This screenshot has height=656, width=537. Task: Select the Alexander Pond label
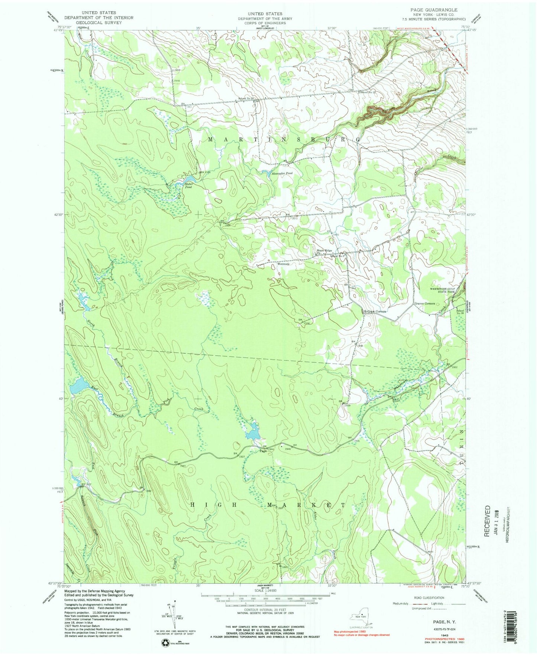[282, 173]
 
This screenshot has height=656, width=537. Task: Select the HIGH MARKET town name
[268, 505]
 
